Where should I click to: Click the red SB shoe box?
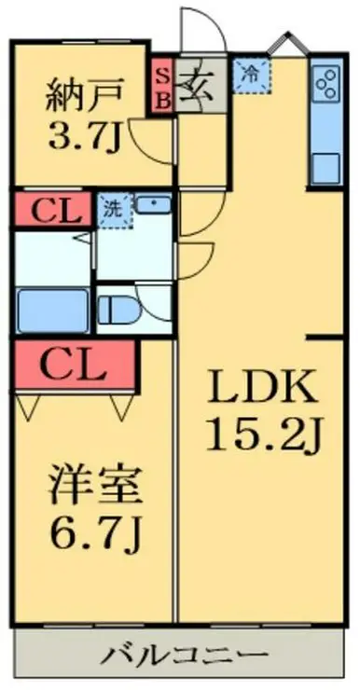161,89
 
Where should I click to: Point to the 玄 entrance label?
198,87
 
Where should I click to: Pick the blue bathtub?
52,309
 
